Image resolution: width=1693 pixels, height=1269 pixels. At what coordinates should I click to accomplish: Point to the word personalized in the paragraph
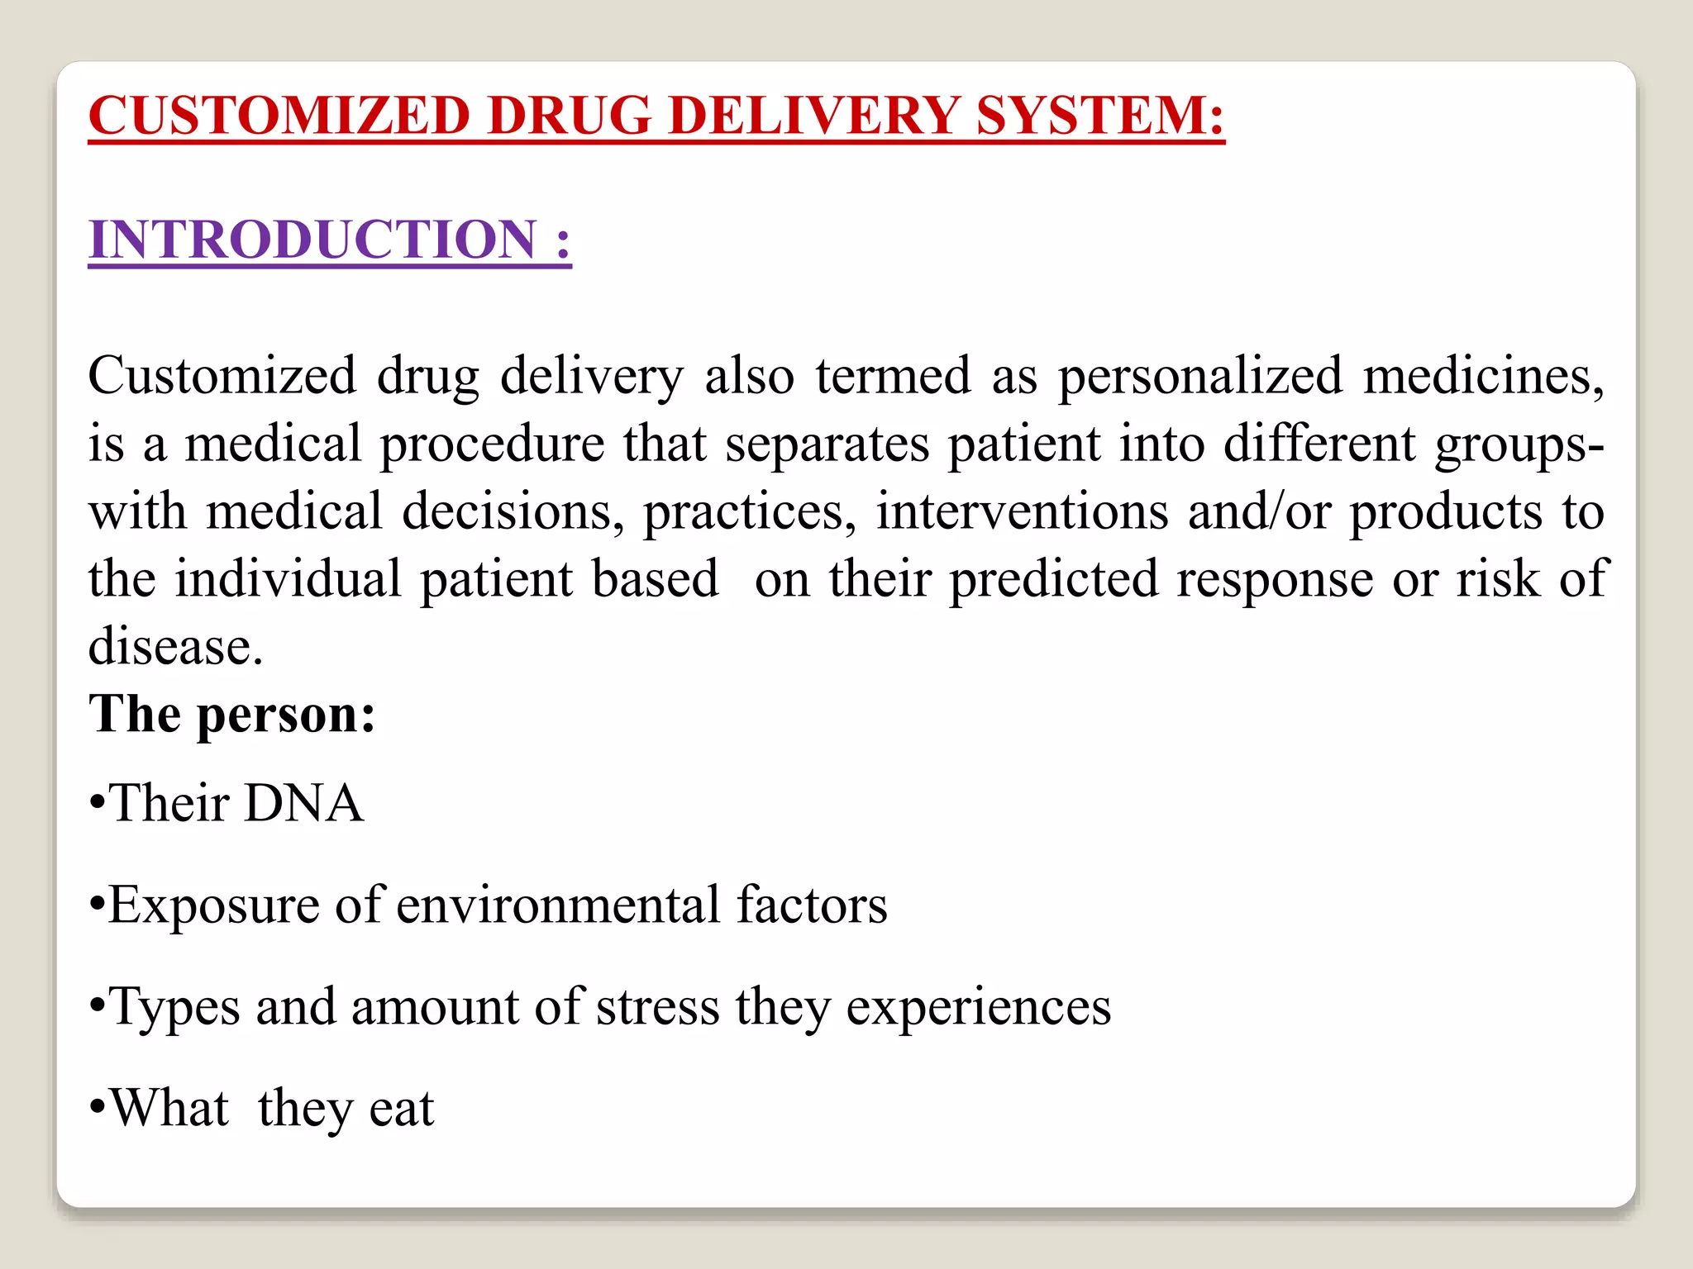coord(1200,377)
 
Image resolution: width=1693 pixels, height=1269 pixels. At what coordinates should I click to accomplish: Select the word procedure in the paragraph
coord(492,444)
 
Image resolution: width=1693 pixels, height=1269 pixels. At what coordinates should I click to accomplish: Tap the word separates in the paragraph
coord(827,444)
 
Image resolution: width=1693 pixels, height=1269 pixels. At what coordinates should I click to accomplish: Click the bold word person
coord(286,715)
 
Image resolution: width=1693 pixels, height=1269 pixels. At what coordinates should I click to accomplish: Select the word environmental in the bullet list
coord(558,905)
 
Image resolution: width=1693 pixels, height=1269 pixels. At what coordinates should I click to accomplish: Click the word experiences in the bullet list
coord(978,1008)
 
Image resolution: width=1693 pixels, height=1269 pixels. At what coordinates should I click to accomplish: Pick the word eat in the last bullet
coord(401,1109)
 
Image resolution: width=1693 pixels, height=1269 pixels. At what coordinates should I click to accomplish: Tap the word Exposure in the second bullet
coord(213,906)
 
